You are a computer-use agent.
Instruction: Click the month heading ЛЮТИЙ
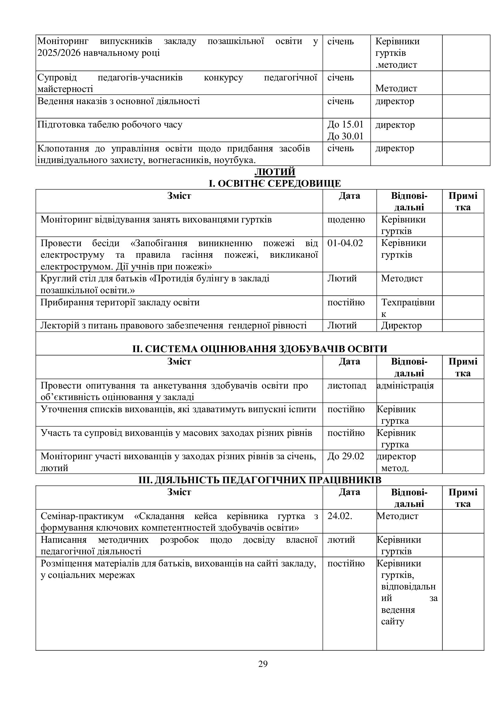[x=274, y=172]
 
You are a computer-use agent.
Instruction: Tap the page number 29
[x=263, y=664]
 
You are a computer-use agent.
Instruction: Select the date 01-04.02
[x=345, y=243]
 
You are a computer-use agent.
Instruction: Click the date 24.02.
[x=339, y=516]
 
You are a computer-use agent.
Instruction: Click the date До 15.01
[x=345, y=125]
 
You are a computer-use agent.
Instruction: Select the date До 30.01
[x=345, y=136]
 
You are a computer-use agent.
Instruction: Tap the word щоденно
[x=346, y=219]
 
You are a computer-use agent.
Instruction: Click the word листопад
[x=347, y=386]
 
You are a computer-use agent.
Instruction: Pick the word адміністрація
[x=405, y=386]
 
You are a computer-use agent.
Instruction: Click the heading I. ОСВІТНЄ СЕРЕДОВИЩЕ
[x=274, y=183]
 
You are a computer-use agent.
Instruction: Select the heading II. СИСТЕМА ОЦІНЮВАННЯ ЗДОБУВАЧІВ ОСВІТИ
[x=260, y=349]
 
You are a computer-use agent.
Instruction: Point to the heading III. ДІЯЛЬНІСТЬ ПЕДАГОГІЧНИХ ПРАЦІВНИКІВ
[x=260, y=480]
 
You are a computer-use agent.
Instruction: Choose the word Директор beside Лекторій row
[x=401, y=326]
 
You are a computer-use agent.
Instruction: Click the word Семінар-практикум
[x=82, y=516]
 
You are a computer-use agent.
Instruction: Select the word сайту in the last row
[x=392, y=622]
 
